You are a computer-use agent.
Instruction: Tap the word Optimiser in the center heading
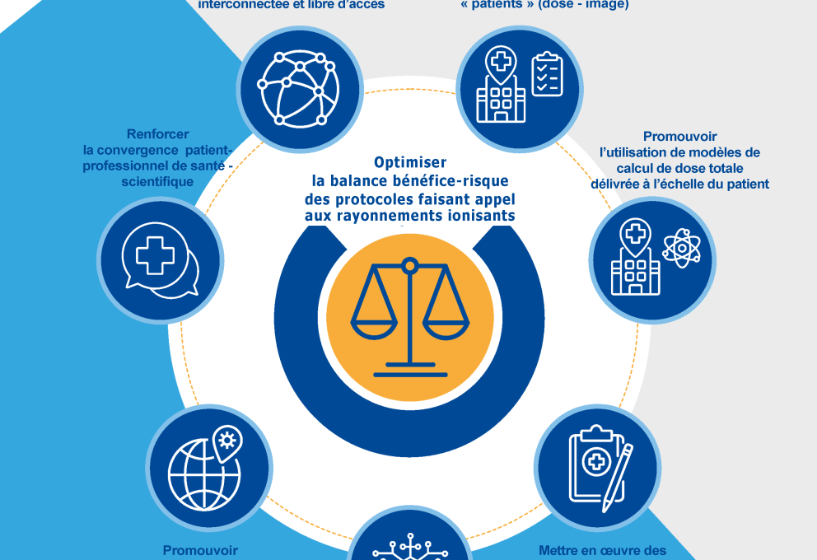tap(409, 163)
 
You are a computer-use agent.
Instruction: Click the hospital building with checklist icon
tap(519, 85)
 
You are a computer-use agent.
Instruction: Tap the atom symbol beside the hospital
tap(680, 247)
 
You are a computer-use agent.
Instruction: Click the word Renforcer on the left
tap(158, 134)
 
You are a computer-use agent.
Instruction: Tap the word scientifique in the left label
tap(158, 180)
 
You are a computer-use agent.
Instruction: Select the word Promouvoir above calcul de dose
tap(680, 136)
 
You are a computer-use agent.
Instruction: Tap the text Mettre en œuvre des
tap(602, 550)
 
